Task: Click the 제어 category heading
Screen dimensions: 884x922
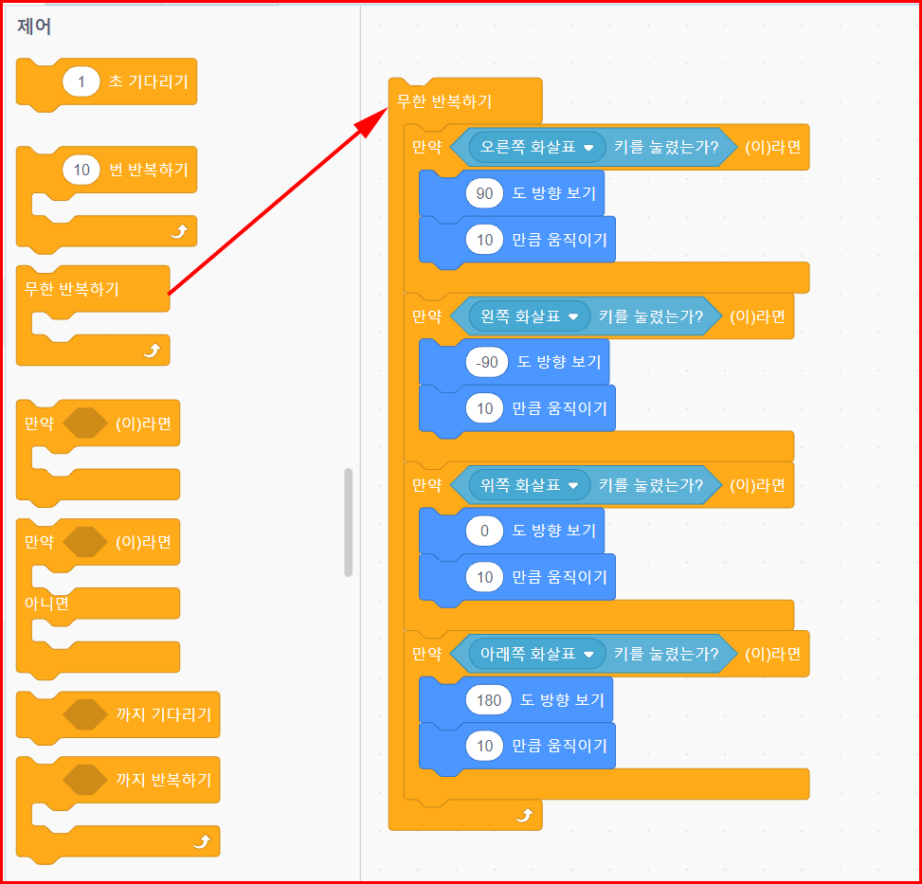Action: (x=34, y=27)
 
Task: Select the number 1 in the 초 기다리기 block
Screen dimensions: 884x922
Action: (x=81, y=82)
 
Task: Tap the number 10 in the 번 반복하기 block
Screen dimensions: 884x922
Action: (x=81, y=171)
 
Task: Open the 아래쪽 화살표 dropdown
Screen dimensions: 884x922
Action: (x=537, y=654)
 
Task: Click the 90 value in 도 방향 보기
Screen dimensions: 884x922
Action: (x=484, y=194)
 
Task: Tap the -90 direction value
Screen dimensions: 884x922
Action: (x=488, y=362)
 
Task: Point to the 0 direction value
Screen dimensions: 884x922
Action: (x=484, y=532)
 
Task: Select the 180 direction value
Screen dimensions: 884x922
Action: (x=488, y=700)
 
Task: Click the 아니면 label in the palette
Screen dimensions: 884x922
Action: (x=46, y=604)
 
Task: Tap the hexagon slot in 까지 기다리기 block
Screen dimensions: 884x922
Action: (x=85, y=714)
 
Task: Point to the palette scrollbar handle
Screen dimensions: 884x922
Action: (x=349, y=522)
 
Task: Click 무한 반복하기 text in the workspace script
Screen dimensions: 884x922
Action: (x=444, y=102)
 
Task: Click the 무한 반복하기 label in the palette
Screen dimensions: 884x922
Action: (x=72, y=289)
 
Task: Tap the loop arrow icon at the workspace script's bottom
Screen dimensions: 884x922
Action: (x=522, y=814)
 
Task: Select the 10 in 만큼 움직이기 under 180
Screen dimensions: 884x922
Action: (x=484, y=746)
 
